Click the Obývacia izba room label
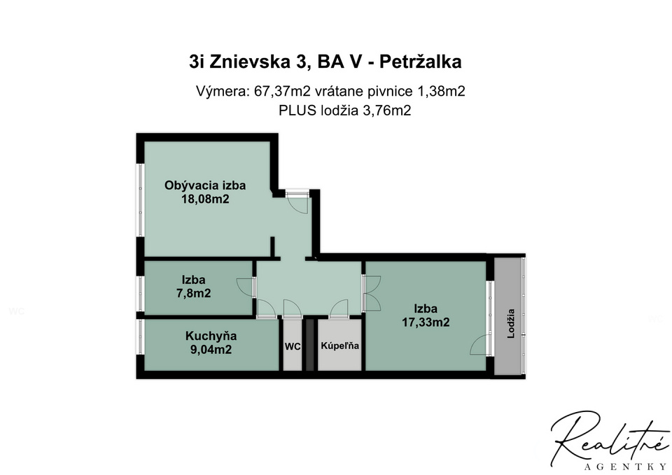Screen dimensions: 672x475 click(x=205, y=186)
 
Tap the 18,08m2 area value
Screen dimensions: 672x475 click(x=205, y=199)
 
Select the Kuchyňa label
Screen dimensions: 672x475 click(x=211, y=336)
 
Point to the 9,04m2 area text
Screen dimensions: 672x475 click(x=211, y=350)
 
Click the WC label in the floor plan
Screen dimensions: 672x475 click(x=293, y=346)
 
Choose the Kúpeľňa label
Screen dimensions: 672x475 click(x=340, y=346)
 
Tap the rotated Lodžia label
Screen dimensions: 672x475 click(x=510, y=324)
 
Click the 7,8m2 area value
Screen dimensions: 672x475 click(x=194, y=293)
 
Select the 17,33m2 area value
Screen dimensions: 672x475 click(x=426, y=322)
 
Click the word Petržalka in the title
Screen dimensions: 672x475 click(x=421, y=62)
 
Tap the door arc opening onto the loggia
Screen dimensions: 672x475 click(x=479, y=345)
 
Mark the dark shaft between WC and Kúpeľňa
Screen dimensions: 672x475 click(x=309, y=344)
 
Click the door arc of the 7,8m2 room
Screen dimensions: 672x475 click(x=245, y=287)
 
